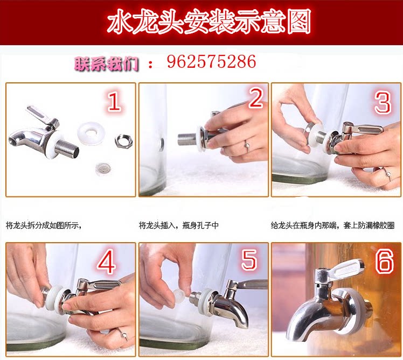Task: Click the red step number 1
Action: tap(114, 101)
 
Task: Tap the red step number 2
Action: tap(255, 98)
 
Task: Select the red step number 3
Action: tap(383, 102)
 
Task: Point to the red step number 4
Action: tap(106, 263)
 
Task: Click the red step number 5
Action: tap(249, 260)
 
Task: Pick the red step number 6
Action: tap(385, 262)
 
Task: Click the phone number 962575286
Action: tap(212, 62)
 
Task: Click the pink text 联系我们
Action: tap(106, 64)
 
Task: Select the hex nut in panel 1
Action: tap(123, 140)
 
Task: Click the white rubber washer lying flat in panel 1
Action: tap(91, 132)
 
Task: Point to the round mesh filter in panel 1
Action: tap(101, 168)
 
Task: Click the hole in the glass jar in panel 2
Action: tap(162, 144)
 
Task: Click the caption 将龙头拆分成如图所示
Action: tap(44, 225)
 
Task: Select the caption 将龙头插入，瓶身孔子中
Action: tap(179, 225)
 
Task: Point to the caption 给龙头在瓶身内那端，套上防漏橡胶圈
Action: tap(332, 225)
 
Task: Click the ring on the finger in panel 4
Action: tap(123, 334)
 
